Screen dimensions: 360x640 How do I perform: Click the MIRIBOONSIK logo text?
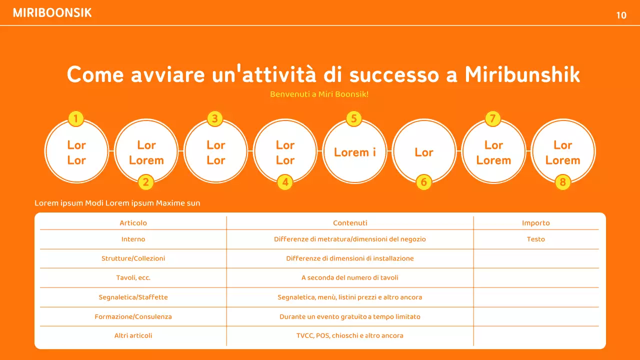tap(52, 13)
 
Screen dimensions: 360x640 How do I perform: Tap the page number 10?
tap(621, 15)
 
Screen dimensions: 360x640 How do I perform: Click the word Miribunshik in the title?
tap(522, 74)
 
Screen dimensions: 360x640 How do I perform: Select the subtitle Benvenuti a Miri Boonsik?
tap(319, 94)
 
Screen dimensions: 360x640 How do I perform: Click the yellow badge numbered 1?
tap(75, 118)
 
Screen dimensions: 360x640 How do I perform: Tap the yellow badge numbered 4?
tap(285, 182)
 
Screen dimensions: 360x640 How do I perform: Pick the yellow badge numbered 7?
tap(492, 118)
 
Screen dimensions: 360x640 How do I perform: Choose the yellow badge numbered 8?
tap(562, 182)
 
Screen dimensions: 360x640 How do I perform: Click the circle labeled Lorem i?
tap(354, 152)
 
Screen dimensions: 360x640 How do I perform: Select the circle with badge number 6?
tap(424, 152)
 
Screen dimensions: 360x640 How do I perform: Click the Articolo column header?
tap(133, 223)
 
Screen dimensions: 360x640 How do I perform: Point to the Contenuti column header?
tap(350, 223)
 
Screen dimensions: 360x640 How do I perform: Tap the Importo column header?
tap(535, 223)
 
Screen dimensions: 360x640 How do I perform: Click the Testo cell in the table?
tap(535, 239)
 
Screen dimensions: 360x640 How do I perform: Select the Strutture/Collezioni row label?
tap(133, 258)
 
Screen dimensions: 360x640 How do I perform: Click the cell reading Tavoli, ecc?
tap(133, 277)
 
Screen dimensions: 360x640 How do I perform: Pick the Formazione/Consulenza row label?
tap(133, 316)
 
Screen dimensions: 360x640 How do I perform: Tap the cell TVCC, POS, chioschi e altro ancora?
tap(350, 335)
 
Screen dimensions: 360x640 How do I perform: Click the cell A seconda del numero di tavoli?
tap(350, 277)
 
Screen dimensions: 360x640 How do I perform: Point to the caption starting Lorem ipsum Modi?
tap(117, 203)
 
